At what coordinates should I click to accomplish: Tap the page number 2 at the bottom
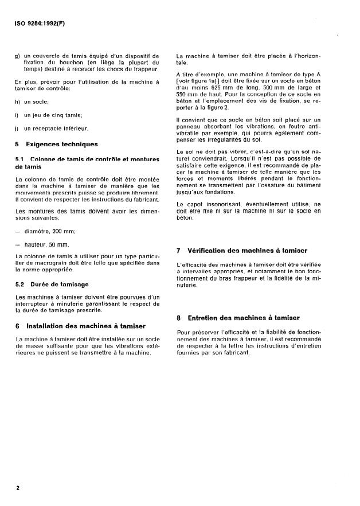pyautogui.click(x=18, y=488)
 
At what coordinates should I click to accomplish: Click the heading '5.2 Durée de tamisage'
pyautogui.click(x=52, y=284)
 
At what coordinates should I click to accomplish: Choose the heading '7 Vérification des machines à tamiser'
pyautogui.click(x=242, y=251)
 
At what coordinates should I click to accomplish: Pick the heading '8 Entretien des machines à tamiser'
pyautogui.click(x=238, y=318)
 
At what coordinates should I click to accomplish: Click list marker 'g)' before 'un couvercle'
pyautogui.click(x=17, y=56)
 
